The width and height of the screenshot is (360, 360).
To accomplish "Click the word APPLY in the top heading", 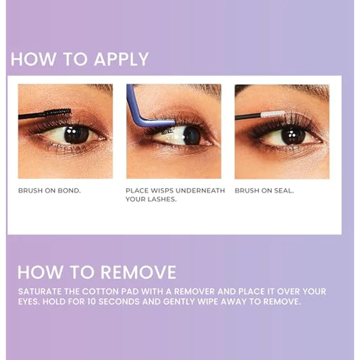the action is (x=121, y=60).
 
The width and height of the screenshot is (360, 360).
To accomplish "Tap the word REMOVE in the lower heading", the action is (x=139, y=272).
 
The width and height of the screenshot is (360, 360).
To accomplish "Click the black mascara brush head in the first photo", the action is (x=58, y=112).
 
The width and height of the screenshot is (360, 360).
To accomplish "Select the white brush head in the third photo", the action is (x=272, y=114).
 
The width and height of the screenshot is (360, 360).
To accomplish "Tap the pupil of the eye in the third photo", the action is (x=293, y=136).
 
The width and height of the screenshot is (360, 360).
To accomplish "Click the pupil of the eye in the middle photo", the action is (x=192, y=135).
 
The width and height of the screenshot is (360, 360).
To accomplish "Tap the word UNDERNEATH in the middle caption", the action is (x=200, y=191).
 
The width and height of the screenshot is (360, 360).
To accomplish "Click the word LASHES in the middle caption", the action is (x=162, y=199).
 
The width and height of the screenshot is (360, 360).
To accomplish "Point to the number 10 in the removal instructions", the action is (x=91, y=301).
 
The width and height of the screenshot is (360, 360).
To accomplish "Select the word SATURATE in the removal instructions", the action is (x=40, y=292).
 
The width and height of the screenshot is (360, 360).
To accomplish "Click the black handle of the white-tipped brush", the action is (x=248, y=116).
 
